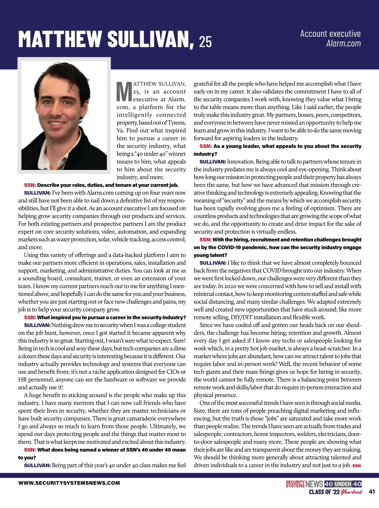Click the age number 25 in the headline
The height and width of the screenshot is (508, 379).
(x=205, y=41)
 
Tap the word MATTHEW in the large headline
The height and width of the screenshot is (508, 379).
(x=60, y=39)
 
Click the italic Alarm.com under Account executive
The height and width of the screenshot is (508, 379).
(x=343, y=43)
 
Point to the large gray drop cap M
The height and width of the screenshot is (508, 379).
(x=124, y=91)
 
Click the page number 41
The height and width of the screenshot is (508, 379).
(x=372, y=492)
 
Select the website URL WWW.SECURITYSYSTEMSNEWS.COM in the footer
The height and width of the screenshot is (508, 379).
(x=69, y=483)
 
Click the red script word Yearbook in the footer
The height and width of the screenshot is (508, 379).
(x=352, y=492)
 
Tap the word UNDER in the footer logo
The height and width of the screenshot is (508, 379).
(x=343, y=484)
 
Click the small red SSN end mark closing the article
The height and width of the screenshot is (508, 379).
(x=357, y=466)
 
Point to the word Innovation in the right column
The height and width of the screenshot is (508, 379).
(x=240, y=162)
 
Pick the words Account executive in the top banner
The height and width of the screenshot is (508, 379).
(x=330, y=34)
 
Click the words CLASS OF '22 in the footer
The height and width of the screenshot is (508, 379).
(x=324, y=492)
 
